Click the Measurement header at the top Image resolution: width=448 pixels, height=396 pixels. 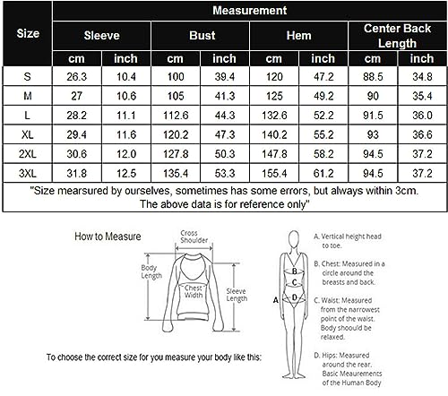pyautogui.click(x=249, y=11)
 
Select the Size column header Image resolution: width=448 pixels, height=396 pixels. pyautogui.click(x=28, y=33)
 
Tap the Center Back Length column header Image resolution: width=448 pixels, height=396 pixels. pyautogui.click(x=397, y=36)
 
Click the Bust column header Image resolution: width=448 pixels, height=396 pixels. pyautogui.click(x=202, y=36)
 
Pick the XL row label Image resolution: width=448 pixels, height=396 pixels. pyautogui.click(x=28, y=134)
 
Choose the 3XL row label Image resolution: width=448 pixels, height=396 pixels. pyautogui.click(x=28, y=173)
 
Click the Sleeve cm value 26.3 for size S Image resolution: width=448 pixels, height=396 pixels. pyautogui.click(x=77, y=77)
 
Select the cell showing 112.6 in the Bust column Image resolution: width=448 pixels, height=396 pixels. pyautogui.click(x=176, y=116)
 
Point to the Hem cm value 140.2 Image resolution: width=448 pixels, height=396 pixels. pyautogui.click(x=274, y=134)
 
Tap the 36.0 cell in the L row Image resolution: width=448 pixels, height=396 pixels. pyautogui.click(x=422, y=116)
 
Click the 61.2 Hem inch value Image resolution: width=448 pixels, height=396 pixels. pyautogui.click(x=323, y=173)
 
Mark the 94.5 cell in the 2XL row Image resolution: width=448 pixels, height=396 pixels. pyautogui.click(x=373, y=154)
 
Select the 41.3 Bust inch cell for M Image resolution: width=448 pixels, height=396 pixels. pyautogui.click(x=225, y=96)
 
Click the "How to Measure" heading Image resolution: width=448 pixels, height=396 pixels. pyautogui.click(x=108, y=237)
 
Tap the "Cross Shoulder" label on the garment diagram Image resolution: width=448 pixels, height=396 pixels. pyautogui.click(x=194, y=237)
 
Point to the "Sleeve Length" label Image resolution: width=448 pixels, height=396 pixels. pyautogui.click(x=237, y=295)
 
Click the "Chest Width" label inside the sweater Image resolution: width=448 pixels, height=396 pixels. pyautogui.click(x=194, y=291)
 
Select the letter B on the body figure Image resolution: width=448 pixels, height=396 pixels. pyautogui.click(x=295, y=271)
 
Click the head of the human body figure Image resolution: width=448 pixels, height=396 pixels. pyautogui.click(x=294, y=239)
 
